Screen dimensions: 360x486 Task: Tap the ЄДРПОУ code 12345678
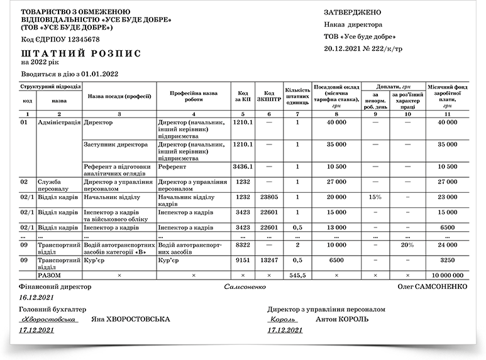78,40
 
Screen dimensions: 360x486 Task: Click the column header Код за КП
242,95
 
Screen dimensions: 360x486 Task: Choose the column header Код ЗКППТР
269,95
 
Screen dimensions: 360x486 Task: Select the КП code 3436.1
242,167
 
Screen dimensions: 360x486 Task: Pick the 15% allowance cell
375,197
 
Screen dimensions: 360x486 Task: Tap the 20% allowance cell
407,245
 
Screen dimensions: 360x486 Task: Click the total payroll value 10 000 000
448,275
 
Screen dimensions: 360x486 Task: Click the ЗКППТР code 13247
269,259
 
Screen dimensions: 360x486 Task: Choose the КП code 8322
242,245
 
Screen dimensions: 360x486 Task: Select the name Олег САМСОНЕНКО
432,286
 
